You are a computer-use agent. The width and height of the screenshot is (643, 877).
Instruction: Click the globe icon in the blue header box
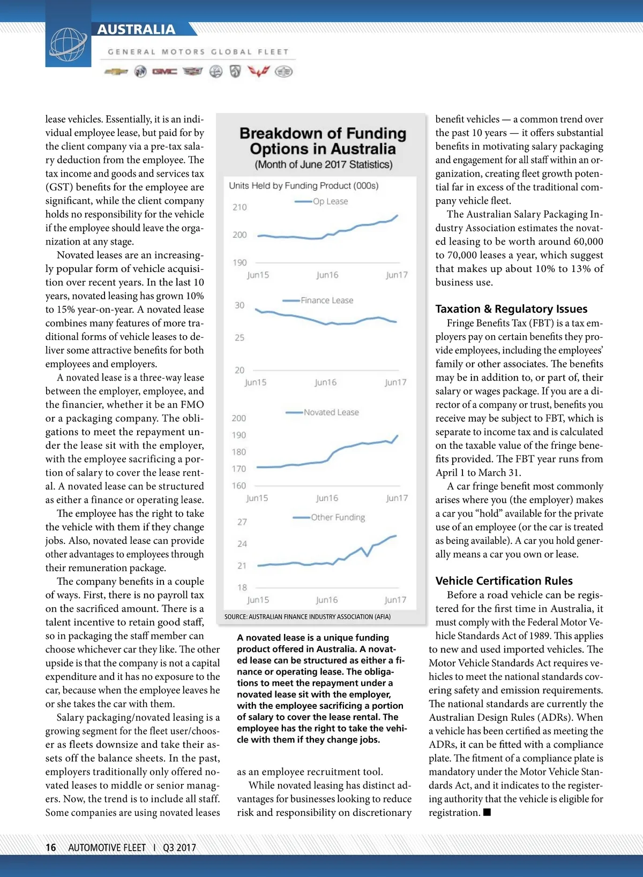coord(68,44)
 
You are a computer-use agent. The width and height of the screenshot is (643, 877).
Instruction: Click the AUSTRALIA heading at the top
coord(136,29)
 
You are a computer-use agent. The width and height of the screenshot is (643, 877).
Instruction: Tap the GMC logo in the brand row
coord(165,72)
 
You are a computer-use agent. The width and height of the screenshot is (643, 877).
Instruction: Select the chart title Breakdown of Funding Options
coord(323,141)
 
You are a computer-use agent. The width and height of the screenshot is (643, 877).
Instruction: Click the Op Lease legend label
coord(330,201)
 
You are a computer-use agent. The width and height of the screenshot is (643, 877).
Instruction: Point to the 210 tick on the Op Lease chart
coord(240,207)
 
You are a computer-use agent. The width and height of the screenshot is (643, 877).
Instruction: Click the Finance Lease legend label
coord(327,300)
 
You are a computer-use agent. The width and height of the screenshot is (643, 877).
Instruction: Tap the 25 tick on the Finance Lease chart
coord(240,338)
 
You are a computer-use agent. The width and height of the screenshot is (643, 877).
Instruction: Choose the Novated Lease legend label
coord(331,412)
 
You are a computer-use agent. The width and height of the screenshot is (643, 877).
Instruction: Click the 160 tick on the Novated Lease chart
coord(239,486)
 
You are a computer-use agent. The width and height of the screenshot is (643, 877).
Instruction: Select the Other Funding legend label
coord(338,517)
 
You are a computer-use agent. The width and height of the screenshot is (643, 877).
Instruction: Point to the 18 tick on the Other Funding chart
coord(242,587)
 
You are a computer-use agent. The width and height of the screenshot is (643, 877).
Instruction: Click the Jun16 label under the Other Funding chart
coord(327,600)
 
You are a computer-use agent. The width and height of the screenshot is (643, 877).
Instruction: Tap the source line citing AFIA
coord(308,617)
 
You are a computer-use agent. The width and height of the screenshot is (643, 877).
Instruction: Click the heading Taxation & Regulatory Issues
coord(511,309)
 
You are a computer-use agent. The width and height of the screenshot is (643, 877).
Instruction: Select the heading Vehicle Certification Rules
coord(504,581)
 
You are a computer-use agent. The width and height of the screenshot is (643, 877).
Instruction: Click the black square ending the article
coord(487,812)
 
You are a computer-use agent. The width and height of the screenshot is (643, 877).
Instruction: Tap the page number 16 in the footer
coord(51,848)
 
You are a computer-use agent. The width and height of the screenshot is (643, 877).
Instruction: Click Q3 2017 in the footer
coord(180,848)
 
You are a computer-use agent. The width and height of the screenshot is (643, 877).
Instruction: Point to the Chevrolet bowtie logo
coord(116,72)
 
